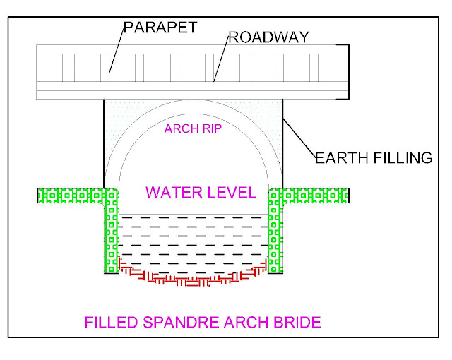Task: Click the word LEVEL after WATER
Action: click(x=231, y=191)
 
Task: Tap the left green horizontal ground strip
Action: click(x=71, y=195)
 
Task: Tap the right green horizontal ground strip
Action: click(x=315, y=195)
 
